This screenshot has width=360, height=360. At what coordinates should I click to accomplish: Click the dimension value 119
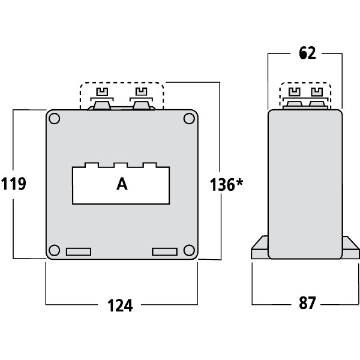pos(14,184)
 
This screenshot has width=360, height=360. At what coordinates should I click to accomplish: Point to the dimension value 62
pos(307,53)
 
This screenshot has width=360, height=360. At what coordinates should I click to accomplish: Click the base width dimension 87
pos(307,304)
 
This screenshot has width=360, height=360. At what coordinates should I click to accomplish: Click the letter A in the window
pos(122,185)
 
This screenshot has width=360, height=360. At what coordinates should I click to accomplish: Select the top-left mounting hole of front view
pos(55,119)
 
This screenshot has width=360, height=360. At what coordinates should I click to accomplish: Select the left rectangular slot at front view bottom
pos(78,251)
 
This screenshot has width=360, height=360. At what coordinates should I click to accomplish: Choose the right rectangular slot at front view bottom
pos(165,251)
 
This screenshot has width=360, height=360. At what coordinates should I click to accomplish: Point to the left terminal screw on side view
pos(295,92)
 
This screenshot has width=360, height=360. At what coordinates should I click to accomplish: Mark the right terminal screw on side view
pos(316,92)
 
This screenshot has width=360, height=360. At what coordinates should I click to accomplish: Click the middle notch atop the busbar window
pos(121,165)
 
